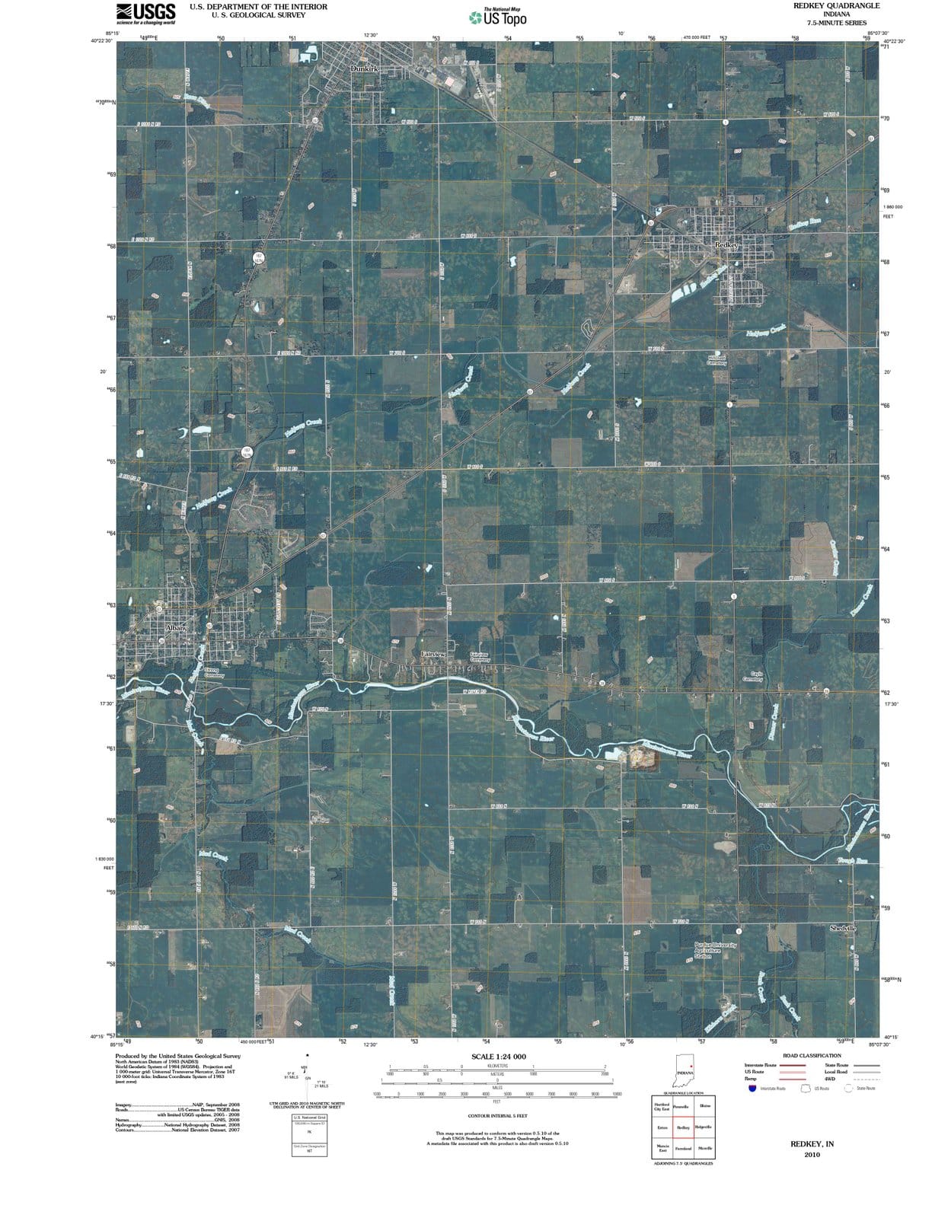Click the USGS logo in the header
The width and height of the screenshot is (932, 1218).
click(x=145, y=13)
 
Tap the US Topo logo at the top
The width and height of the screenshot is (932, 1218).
click(x=499, y=17)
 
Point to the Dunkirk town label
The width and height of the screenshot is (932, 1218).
click(x=365, y=69)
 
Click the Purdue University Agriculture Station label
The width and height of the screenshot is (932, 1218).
click(x=714, y=950)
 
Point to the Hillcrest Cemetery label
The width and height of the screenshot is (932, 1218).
click(x=717, y=360)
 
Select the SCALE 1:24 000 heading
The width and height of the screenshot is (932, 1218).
click(x=499, y=1057)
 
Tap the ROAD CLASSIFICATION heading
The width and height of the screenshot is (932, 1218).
click(x=812, y=1056)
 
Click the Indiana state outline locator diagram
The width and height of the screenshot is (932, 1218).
click(x=685, y=1070)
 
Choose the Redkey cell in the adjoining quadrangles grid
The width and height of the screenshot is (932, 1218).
click(x=684, y=1127)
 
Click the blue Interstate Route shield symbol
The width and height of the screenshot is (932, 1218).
click(x=753, y=1088)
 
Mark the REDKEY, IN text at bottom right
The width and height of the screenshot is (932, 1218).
click(x=812, y=1143)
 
